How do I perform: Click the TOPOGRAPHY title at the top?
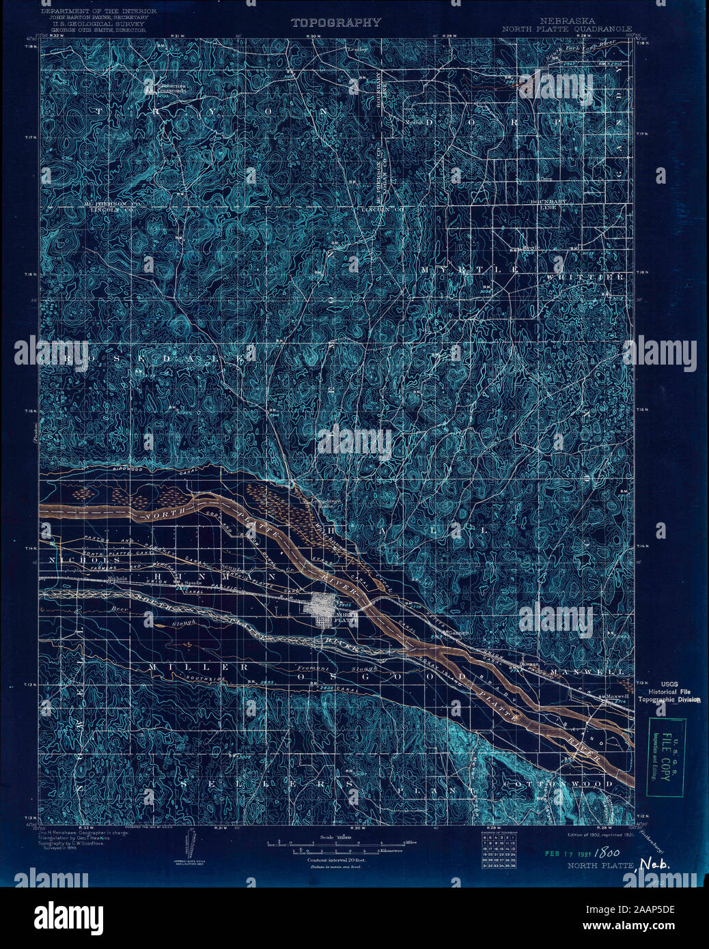coord(336,23)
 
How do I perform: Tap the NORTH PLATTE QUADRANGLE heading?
coord(566,29)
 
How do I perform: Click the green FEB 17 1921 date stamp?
coord(566,853)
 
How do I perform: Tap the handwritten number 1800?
coord(604,853)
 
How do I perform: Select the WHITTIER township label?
coord(585,277)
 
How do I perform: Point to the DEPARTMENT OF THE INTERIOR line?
coord(99,12)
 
